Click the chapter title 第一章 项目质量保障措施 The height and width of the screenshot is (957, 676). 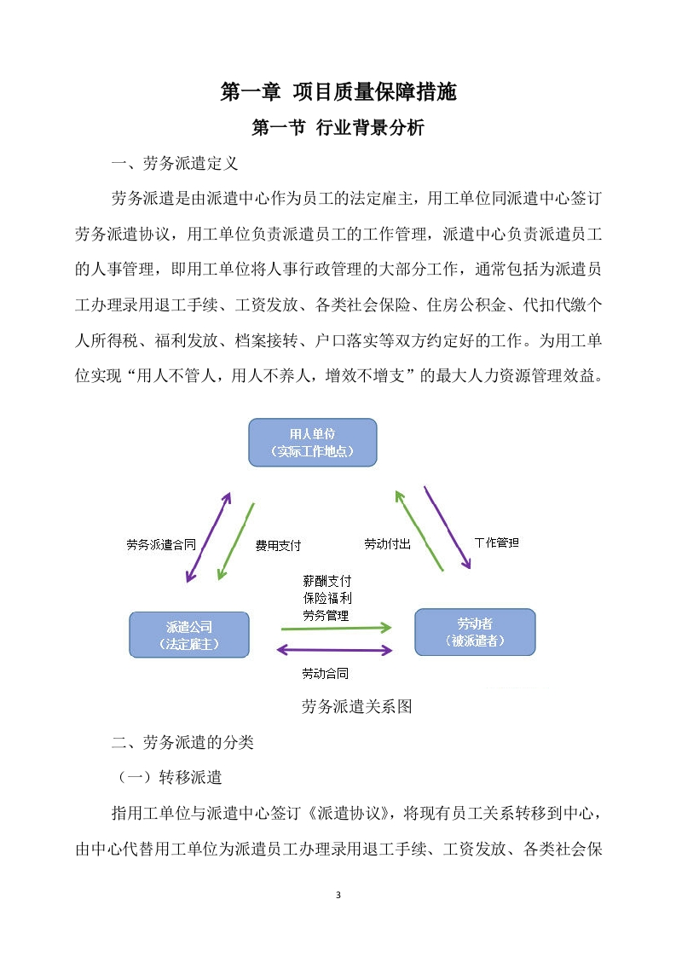click(x=338, y=91)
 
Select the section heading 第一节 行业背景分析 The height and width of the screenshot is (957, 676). click(x=338, y=128)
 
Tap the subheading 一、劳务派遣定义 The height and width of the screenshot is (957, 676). click(x=175, y=163)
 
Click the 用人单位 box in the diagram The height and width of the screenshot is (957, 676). click(x=312, y=443)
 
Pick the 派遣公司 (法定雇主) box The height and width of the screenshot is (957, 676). click(x=189, y=635)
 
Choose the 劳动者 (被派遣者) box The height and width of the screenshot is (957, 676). click(x=476, y=632)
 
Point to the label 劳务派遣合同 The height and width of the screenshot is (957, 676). click(x=161, y=544)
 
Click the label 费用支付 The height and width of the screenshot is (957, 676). click(x=278, y=545)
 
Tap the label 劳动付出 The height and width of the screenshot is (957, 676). click(x=387, y=544)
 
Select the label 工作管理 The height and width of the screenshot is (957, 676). click(x=497, y=542)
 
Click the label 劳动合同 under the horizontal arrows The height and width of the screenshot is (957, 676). click(x=325, y=673)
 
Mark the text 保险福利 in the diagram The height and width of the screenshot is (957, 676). click(x=327, y=598)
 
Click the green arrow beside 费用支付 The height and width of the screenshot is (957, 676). click(x=235, y=542)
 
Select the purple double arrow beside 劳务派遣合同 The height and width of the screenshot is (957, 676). click(x=208, y=537)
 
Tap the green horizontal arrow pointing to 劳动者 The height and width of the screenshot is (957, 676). click(x=336, y=628)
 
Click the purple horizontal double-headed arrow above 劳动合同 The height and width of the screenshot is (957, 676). click(x=334, y=650)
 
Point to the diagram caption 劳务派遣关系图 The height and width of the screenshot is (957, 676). click(x=357, y=706)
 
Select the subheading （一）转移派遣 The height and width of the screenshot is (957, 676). click(x=170, y=777)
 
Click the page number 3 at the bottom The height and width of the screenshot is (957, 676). click(x=338, y=895)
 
